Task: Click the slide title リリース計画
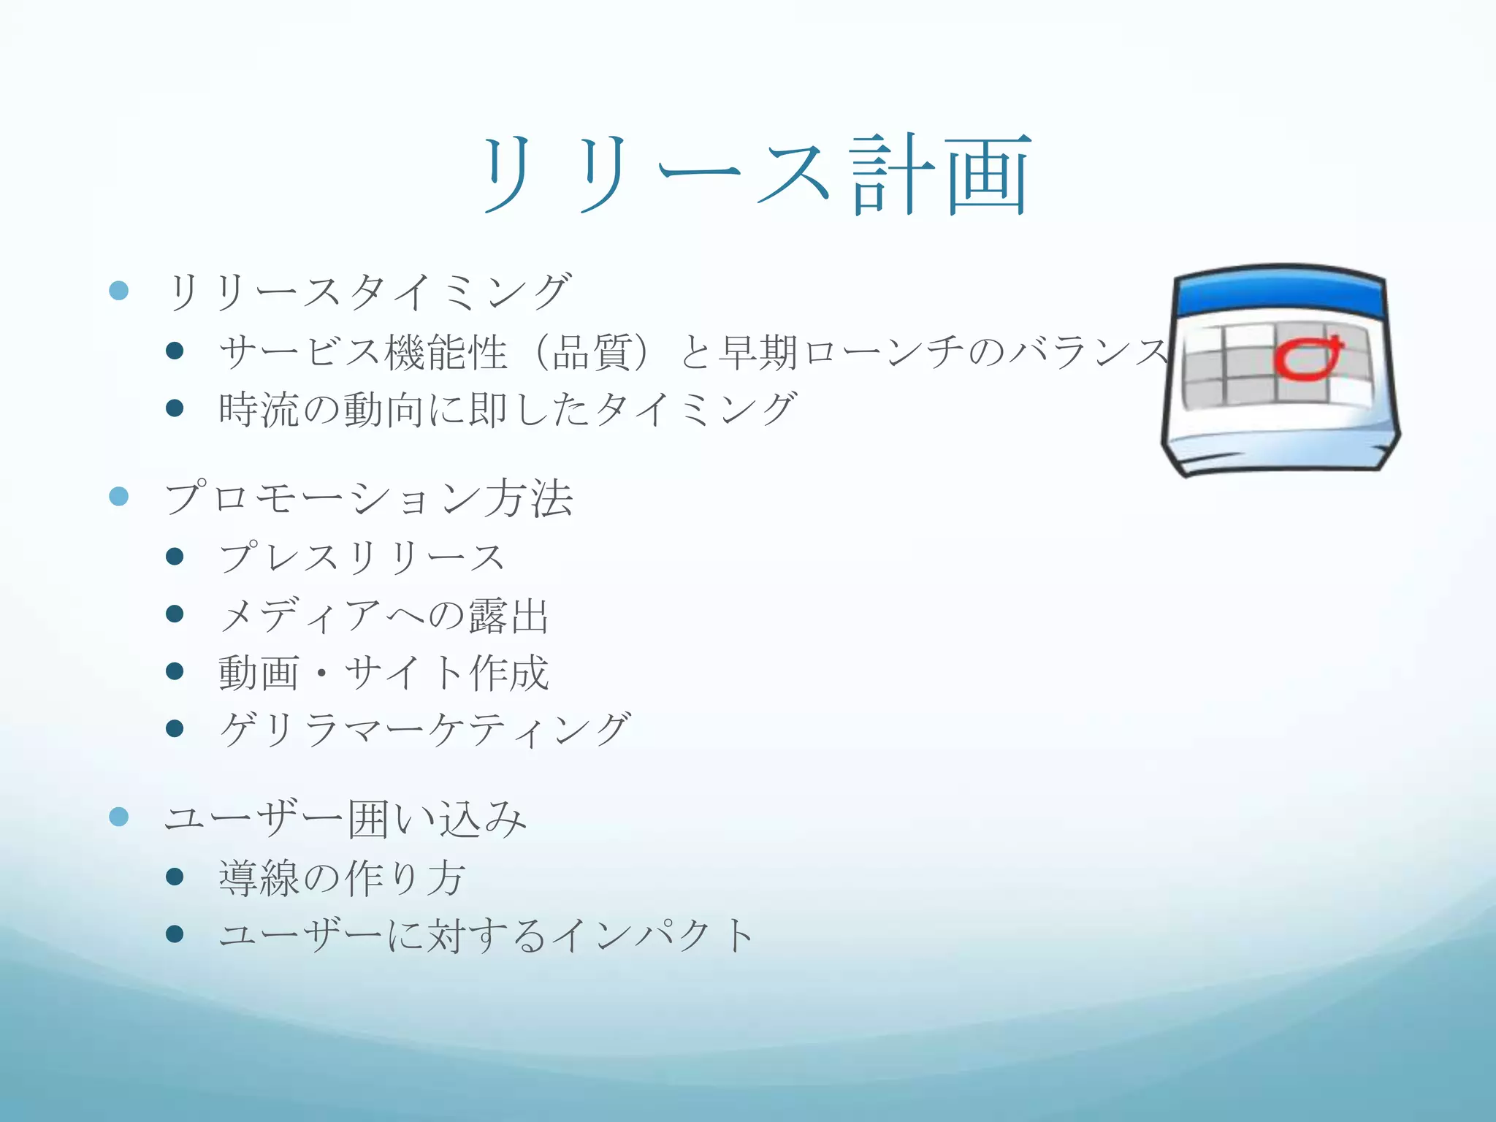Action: (757, 175)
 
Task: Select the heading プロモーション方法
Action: (368, 499)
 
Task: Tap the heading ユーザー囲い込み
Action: (345, 818)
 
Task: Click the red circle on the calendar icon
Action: (1308, 359)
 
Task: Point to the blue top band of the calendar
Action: (1280, 294)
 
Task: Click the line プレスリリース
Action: (362, 558)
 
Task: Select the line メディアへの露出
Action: (383, 615)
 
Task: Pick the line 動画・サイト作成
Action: (383, 673)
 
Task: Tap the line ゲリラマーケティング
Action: (424, 730)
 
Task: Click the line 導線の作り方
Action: (341, 877)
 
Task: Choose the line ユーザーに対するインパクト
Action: (486, 935)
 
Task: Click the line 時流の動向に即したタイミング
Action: (508, 409)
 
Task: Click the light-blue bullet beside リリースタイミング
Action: (119, 291)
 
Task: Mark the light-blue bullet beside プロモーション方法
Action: (119, 497)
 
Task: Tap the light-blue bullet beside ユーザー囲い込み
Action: (119, 816)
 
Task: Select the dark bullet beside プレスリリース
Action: (175, 557)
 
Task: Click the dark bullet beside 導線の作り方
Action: (175, 876)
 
